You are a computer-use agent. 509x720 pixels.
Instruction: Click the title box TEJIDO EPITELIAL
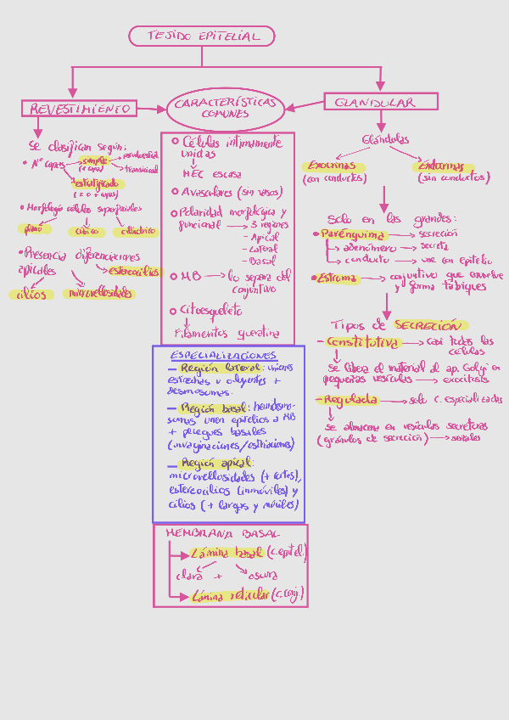click(202, 36)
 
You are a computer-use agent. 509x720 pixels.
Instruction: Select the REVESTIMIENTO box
click(79, 108)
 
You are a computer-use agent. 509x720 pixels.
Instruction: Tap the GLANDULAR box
click(380, 102)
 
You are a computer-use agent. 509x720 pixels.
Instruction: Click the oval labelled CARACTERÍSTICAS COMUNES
click(226, 107)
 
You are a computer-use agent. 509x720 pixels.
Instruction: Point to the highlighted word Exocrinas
click(333, 166)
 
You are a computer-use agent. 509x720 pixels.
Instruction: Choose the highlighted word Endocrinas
click(441, 166)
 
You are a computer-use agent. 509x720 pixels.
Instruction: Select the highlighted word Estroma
click(337, 278)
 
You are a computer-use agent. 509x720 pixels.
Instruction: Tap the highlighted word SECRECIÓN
click(428, 325)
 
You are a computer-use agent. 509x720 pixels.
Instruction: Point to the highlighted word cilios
click(31, 295)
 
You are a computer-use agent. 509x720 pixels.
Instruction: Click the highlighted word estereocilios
click(134, 272)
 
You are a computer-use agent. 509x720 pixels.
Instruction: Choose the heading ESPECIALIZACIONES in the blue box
click(223, 355)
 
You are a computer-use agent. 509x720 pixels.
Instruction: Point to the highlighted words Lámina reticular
click(231, 595)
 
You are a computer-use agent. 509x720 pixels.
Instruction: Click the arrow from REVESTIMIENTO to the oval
click(151, 108)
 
